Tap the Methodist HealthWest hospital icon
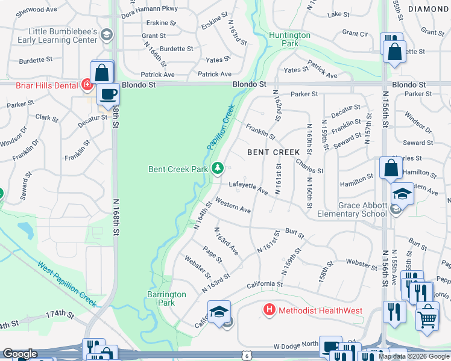pos(269,310)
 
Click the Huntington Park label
pos(289,39)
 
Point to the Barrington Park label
pos(166,298)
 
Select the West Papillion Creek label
pos(66,282)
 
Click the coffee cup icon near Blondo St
pos(109,95)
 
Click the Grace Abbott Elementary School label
pos(362,209)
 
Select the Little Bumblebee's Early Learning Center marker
pos(107,35)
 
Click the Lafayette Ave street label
pos(248,188)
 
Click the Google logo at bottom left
pos(19,354)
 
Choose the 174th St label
pos(60,315)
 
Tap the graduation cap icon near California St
pos(219,312)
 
